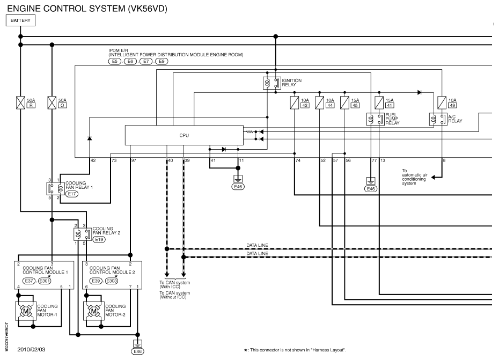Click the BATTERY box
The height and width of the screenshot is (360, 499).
click(20, 20)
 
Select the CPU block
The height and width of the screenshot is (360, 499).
click(184, 135)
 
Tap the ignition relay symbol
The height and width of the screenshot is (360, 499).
click(272, 83)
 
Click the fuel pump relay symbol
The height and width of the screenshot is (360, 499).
click(376, 119)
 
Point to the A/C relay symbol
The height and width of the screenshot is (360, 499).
click(438, 119)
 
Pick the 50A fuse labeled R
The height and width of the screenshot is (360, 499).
click(21, 102)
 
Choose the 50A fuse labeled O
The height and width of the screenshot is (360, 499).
click(52, 102)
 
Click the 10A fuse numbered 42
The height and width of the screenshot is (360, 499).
click(295, 102)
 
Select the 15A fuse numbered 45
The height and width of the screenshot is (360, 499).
click(344, 102)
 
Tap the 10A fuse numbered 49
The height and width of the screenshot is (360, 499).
click(442, 102)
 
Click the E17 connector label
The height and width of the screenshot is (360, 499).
click(72, 194)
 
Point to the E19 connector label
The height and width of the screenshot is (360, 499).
click(99, 239)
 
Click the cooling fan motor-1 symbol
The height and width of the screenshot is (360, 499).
click(25, 311)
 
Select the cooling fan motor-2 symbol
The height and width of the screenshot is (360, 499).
click(93, 311)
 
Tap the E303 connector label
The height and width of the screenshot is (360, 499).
click(112, 281)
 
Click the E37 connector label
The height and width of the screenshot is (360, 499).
click(29, 281)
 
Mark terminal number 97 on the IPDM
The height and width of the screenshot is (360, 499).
click(134, 160)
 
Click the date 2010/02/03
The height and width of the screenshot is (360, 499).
click(31, 349)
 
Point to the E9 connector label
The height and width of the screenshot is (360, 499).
click(162, 61)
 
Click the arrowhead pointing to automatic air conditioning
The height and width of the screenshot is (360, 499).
click(434, 177)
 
